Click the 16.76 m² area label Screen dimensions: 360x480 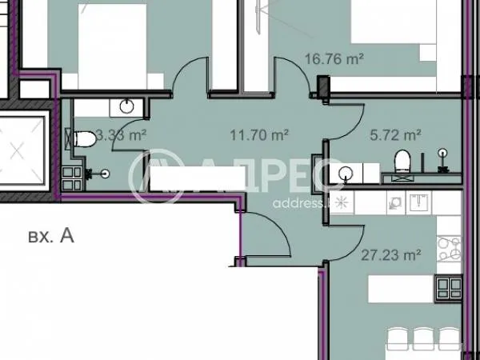click(x=334, y=59)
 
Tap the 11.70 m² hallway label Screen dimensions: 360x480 click(x=261, y=135)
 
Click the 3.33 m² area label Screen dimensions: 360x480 click(x=120, y=135)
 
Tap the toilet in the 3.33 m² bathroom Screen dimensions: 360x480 click(x=84, y=140)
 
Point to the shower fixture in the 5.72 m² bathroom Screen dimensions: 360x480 click(x=442, y=156)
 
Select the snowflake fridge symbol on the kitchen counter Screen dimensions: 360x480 click(x=341, y=202)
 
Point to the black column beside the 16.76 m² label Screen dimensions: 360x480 click(x=322, y=84)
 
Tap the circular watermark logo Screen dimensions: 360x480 click(x=152, y=178)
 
